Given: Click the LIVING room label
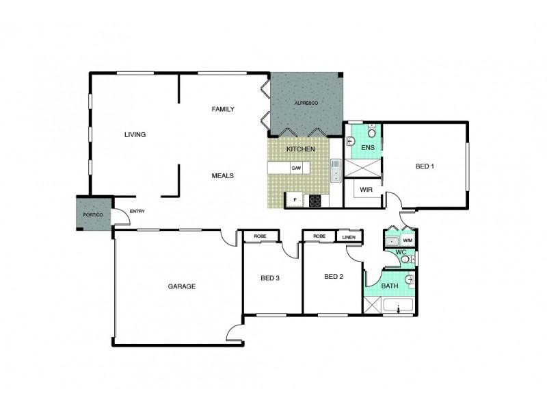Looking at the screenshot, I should (x=135, y=134).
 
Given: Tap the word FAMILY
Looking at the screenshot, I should (x=223, y=109).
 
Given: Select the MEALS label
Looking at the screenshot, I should (x=223, y=175).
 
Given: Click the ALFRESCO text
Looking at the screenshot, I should (x=306, y=102).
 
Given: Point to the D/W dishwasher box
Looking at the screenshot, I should (x=296, y=168).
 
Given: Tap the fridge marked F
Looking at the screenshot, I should (x=295, y=200).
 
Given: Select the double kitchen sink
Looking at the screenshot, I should (x=336, y=172).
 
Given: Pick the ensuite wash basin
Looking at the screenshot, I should (x=350, y=141).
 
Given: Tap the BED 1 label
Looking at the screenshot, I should (x=425, y=165).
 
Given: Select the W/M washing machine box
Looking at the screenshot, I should (x=408, y=240).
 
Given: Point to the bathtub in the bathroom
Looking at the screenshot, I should (x=399, y=308).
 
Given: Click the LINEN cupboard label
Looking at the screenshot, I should (x=349, y=237).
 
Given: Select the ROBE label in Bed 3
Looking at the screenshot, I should (x=260, y=236).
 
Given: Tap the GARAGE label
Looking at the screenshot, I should (x=182, y=286).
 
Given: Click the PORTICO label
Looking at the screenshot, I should (x=92, y=215).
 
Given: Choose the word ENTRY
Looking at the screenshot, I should (x=137, y=211).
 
